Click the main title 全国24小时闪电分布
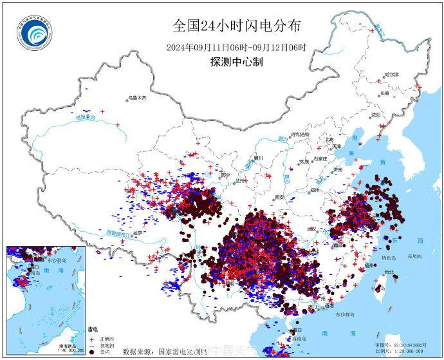point(237,26)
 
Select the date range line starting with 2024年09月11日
point(237,47)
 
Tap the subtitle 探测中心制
point(236,62)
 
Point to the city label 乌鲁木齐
point(138,98)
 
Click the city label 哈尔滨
point(391,75)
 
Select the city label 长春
point(385,93)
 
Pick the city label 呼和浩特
point(301,135)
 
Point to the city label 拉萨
point(137,233)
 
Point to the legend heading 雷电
point(93,330)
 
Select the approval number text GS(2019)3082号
point(405,346)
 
